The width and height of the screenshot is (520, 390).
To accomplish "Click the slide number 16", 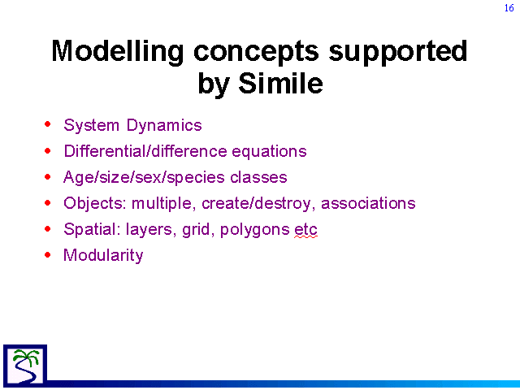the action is click(x=509, y=7).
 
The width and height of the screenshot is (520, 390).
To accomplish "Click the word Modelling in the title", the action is click(x=118, y=52).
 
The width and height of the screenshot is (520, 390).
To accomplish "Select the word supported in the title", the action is click(x=398, y=52).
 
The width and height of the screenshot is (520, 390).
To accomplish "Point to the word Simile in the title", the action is click(x=280, y=83).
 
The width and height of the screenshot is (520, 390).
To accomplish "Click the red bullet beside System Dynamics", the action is click(x=48, y=124).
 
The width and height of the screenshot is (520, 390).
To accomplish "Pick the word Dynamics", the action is click(x=164, y=126).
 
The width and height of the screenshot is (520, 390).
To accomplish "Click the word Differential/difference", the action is click(x=145, y=151).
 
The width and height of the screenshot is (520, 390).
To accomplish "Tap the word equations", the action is click(x=269, y=152).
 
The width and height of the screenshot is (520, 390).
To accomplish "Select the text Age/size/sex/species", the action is click(x=144, y=178).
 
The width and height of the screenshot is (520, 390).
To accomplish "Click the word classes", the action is click(x=258, y=177).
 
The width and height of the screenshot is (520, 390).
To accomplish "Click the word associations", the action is click(x=368, y=203).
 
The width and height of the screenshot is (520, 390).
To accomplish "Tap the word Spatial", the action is click(x=92, y=229).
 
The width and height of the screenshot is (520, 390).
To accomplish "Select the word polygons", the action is click(x=254, y=230).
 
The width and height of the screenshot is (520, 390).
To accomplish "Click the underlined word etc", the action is click(x=305, y=230).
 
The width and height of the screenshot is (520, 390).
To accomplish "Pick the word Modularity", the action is click(x=103, y=256).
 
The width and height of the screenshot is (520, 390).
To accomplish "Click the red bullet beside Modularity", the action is click(x=48, y=254).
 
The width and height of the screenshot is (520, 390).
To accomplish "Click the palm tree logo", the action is click(x=25, y=365).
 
